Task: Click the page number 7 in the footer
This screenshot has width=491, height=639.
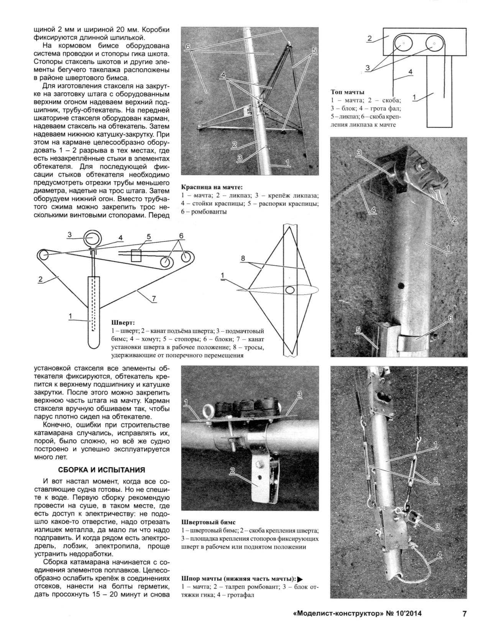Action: point(464,613)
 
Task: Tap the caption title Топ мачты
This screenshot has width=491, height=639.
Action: point(347,92)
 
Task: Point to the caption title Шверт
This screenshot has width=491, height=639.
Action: point(123,322)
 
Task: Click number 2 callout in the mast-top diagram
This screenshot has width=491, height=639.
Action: point(369,38)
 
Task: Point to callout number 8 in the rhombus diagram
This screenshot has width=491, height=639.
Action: point(243,259)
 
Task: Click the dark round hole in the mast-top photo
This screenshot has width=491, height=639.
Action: point(401,286)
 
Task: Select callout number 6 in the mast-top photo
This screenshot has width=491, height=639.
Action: point(450,318)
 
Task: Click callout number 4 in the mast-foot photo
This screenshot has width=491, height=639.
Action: point(439,554)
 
